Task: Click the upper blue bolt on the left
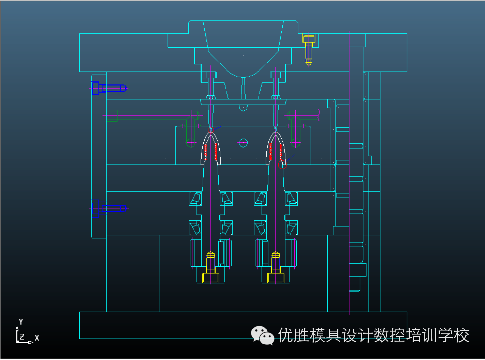[108, 88]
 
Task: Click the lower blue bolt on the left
[108, 208]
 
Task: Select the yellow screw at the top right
[308, 47]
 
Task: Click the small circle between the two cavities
[243, 142]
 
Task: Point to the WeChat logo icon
[262, 335]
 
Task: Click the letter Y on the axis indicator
[21, 322]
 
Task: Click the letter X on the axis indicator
[37, 338]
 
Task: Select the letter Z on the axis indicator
[22, 336]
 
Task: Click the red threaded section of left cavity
[210, 152]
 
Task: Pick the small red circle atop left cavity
[210, 130]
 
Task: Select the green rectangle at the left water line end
[112, 116]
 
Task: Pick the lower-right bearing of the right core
[291, 227]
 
